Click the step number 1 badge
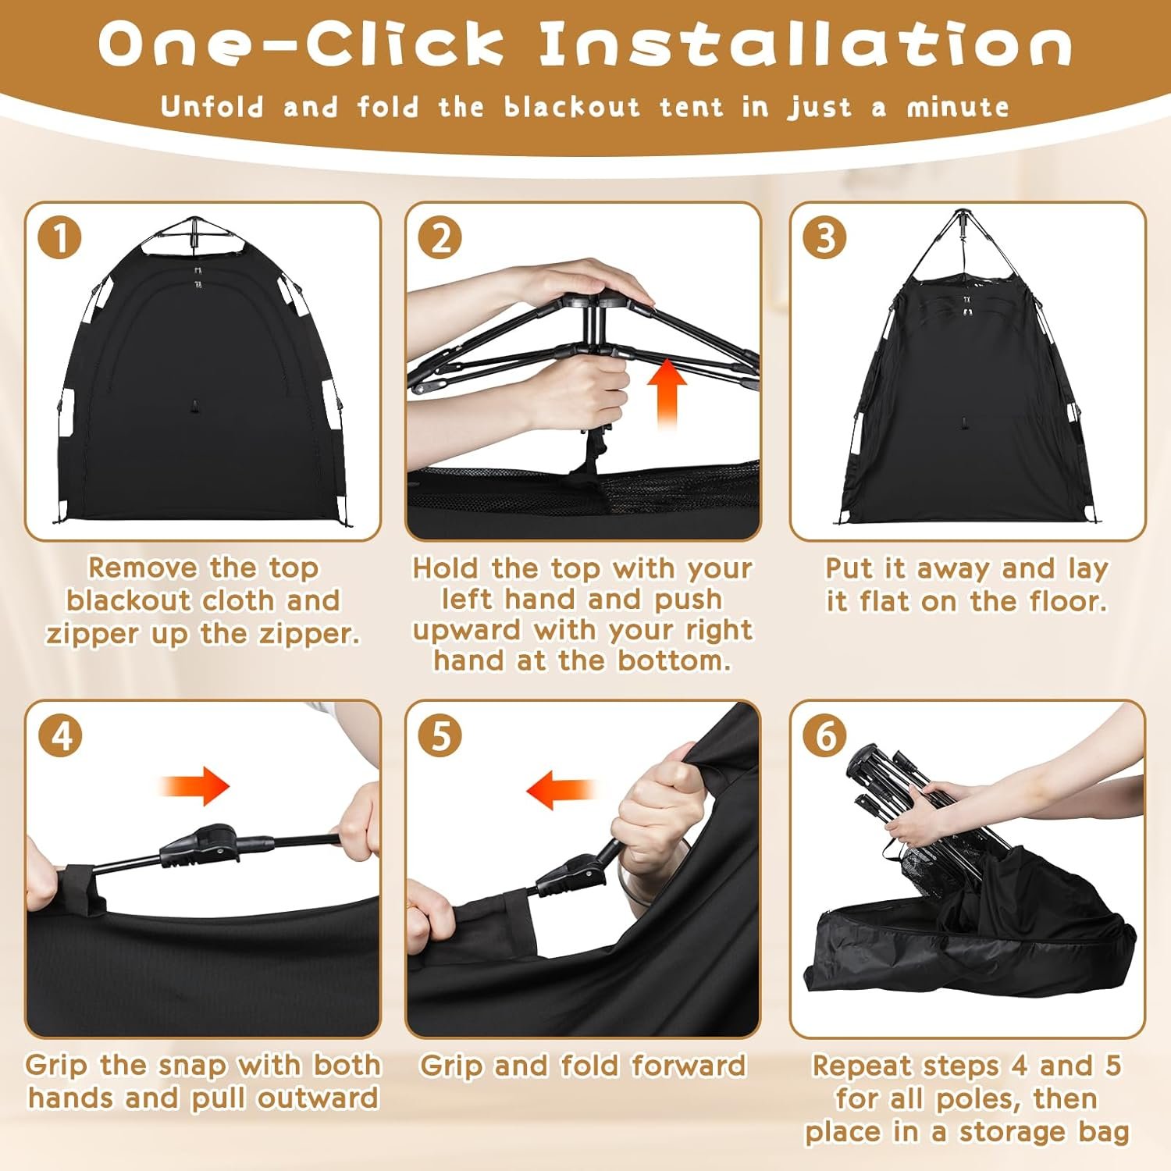[x=59, y=237]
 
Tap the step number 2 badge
[x=440, y=237]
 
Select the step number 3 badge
[x=825, y=237]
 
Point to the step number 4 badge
[x=59, y=735]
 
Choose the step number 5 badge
[x=440, y=735]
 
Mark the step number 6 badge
[x=825, y=735]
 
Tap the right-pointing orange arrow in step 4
[x=195, y=785]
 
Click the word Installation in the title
[x=805, y=44]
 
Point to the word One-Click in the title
[x=301, y=44]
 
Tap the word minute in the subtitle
[x=958, y=107]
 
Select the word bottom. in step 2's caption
[x=674, y=661]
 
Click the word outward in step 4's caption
[x=318, y=1098]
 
